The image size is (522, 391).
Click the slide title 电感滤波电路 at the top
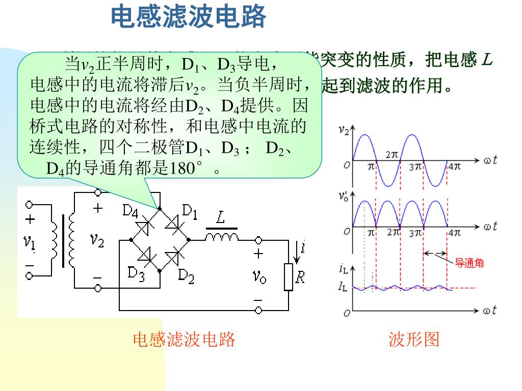(x=189, y=17)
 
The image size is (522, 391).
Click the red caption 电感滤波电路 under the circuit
(x=184, y=339)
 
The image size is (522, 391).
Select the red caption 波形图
(x=413, y=339)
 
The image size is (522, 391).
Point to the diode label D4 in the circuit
(x=130, y=210)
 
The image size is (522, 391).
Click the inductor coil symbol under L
(x=222, y=236)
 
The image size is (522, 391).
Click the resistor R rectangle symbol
(x=289, y=277)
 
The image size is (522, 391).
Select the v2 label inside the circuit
(x=96, y=239)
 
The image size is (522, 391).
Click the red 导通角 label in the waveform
(x=469, y=263)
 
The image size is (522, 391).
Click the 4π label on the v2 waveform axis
(x=453, y=166)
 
